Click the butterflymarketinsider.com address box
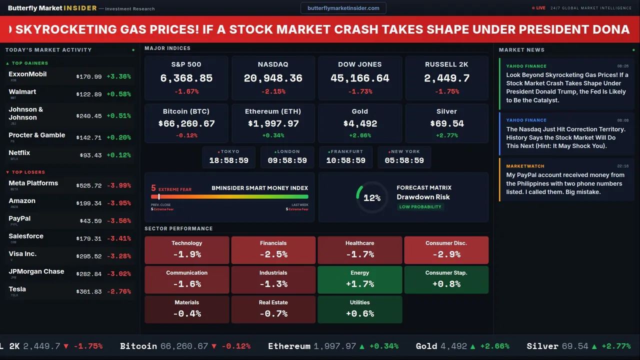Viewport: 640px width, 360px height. (x=343, y=8)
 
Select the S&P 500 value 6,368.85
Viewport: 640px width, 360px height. (x=186, y=78)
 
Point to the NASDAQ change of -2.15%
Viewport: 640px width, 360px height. (x=273, y=91)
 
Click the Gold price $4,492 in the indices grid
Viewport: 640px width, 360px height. (x=360, y=123)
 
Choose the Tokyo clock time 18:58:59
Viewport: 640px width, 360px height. (x=228, y=160)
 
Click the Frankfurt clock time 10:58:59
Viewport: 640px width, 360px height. (x=345, y=160)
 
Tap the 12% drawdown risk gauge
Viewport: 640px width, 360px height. (x=372, y=197)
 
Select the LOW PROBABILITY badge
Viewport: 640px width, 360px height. (x=420, y=207)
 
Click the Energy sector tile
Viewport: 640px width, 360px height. (x=360, y=279)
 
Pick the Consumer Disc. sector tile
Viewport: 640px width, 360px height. (x=446, y=250)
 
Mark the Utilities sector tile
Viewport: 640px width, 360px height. (x=360, y=309)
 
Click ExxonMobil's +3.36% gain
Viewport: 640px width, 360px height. (x=118, y=76)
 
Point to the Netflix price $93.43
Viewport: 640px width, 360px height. (x=90, y=155)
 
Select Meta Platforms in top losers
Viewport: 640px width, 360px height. (x=33, y=183)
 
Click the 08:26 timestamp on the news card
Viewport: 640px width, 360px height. (x=622, y=66)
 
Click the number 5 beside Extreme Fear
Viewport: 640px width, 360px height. (x=153, y=188)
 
